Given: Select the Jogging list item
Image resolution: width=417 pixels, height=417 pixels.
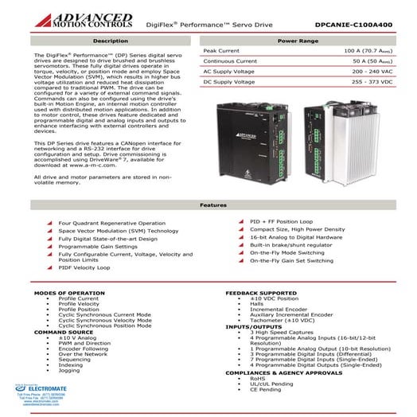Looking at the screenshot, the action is (x=69, y=370).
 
